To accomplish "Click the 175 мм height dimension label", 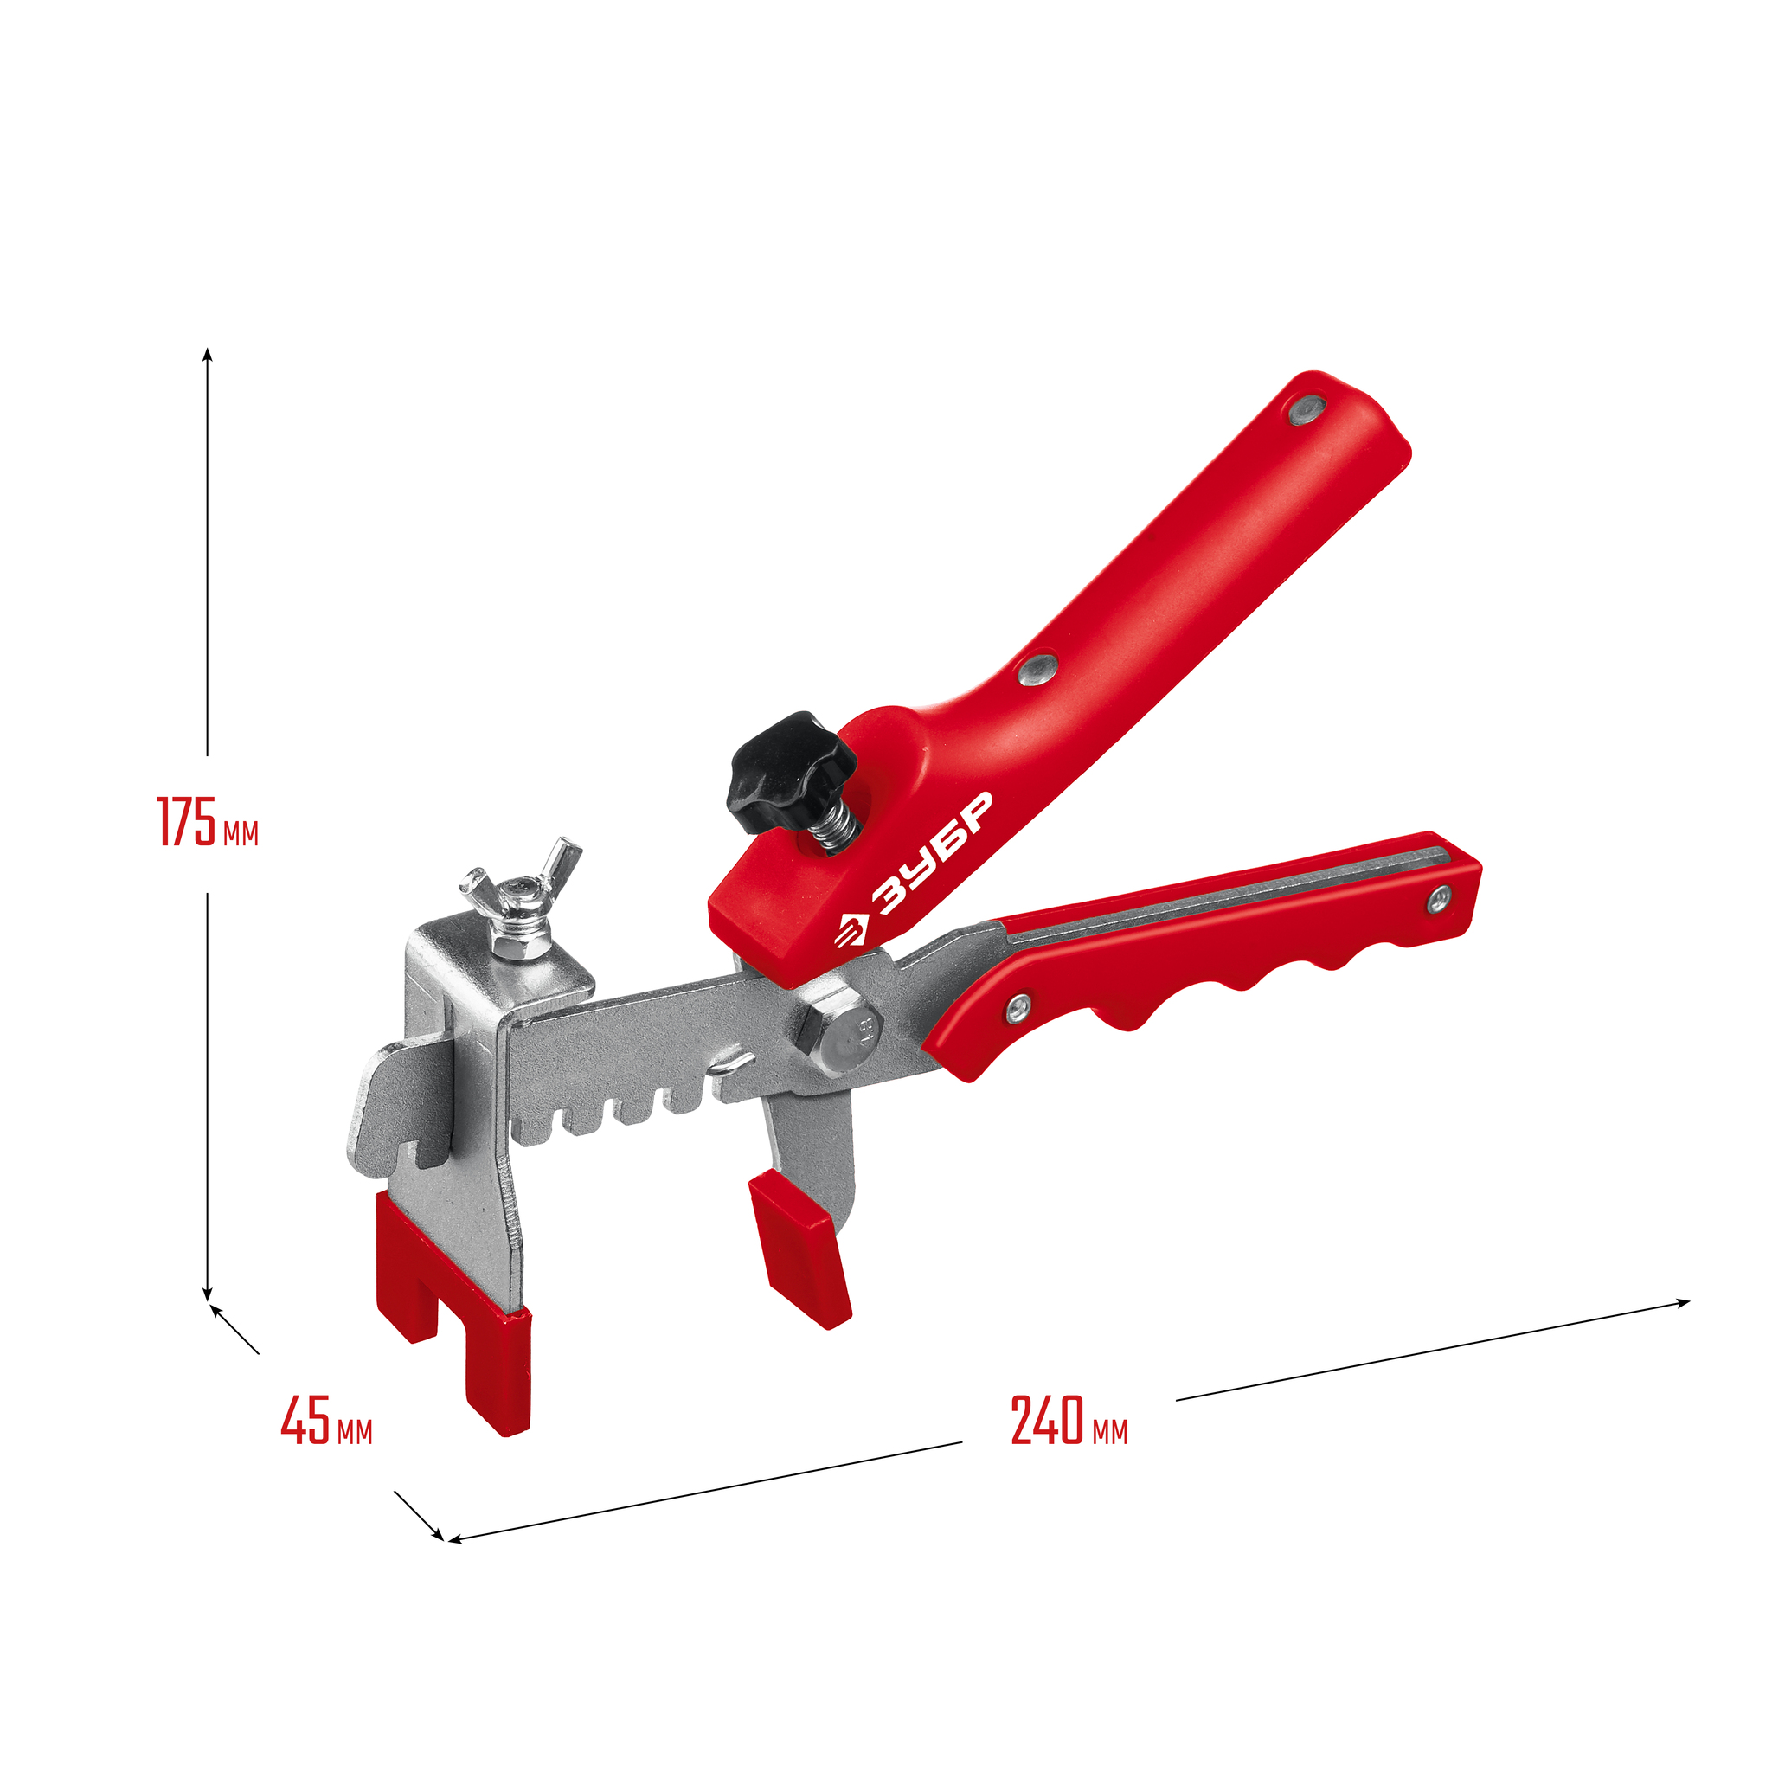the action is point(209,822).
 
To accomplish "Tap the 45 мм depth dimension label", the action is point(326,1421).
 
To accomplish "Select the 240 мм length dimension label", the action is point(1069,1421).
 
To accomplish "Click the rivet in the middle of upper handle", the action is point(1039,669).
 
